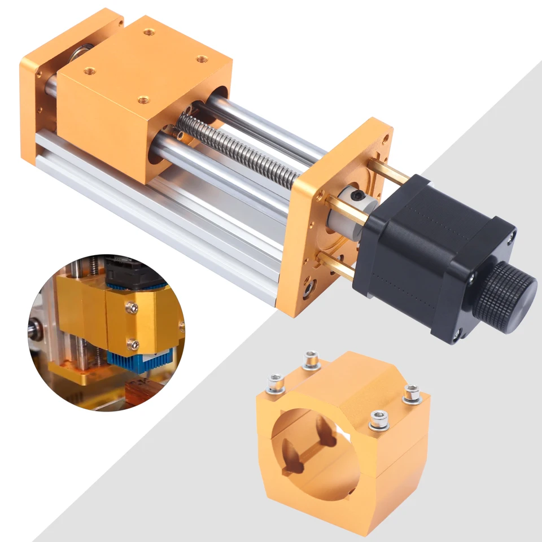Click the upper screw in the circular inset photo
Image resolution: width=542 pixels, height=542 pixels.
(x=132, y=308)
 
